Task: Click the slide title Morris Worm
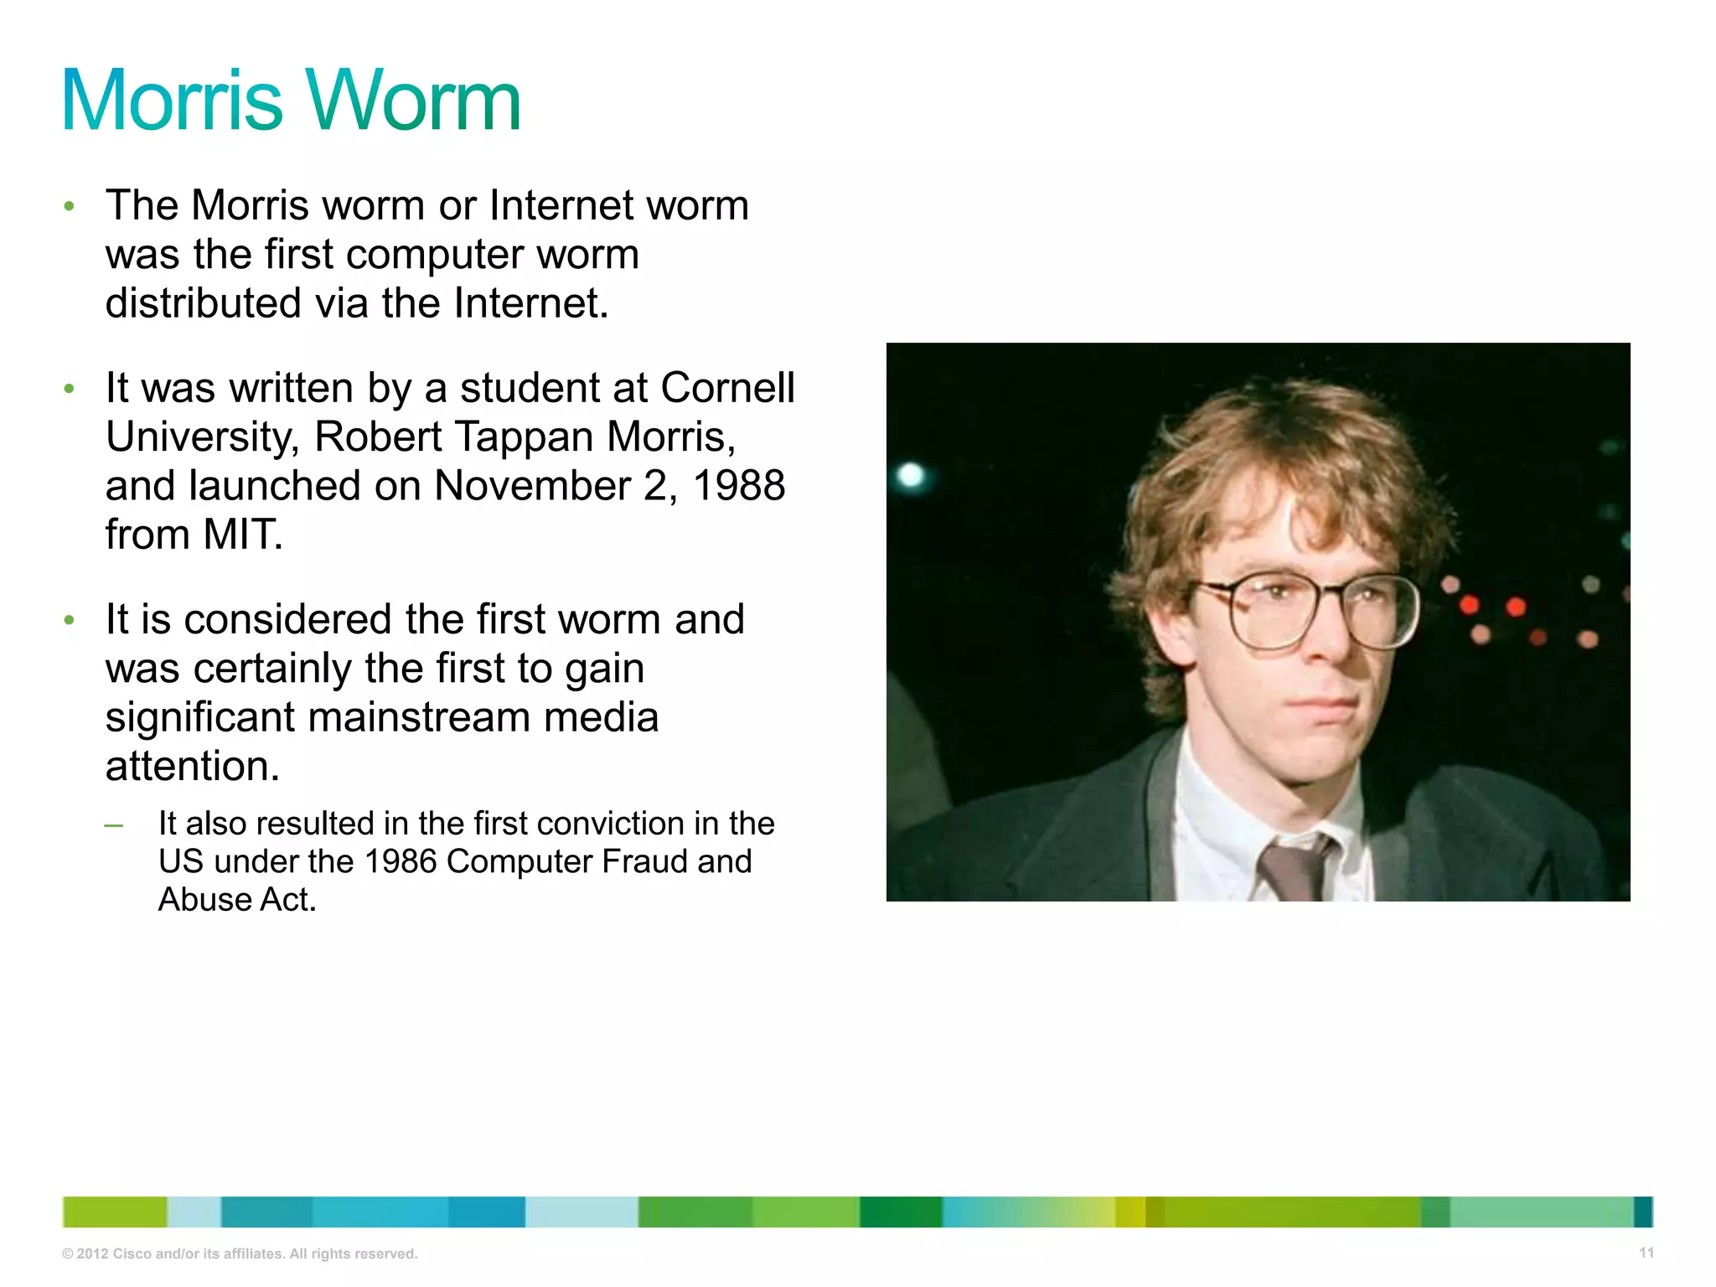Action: [291, 101]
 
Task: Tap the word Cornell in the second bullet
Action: [727, 388]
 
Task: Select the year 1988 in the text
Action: [739, 486]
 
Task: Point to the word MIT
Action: [242, 535]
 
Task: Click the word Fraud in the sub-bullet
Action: [644, 861]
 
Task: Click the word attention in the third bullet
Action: [192, 767]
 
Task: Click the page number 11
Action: [1646, 1253]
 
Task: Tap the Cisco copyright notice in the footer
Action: [240, 1253]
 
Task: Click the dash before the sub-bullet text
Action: [113, 826]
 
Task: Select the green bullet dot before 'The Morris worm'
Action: [70, 206]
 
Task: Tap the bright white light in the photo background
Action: [911, 476]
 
